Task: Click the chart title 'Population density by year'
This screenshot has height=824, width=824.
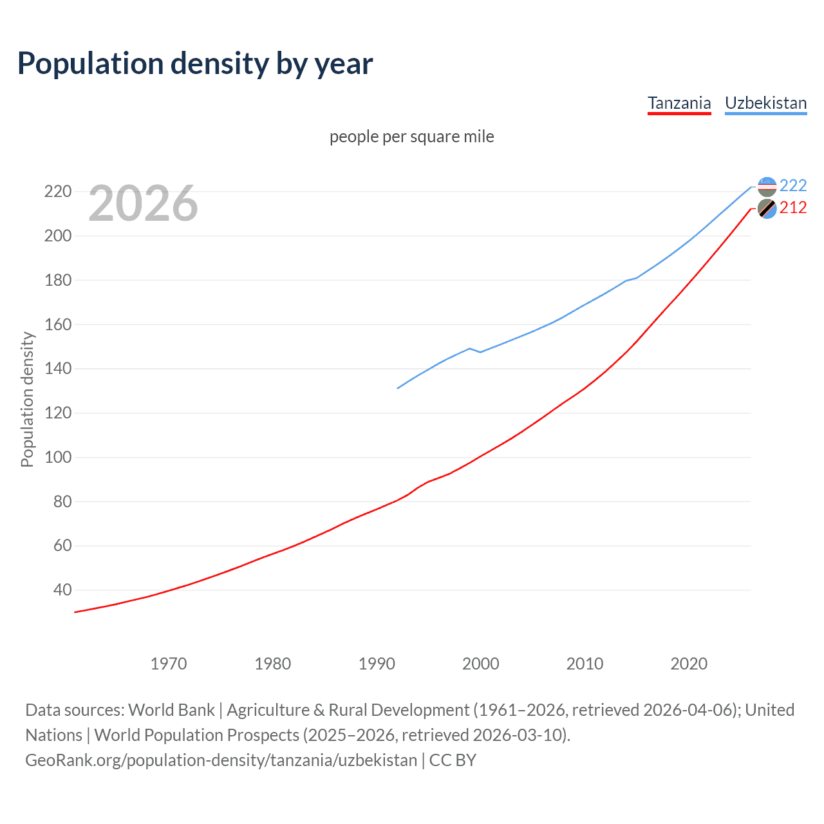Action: (x=195, y=64)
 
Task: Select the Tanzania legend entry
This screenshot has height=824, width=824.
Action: (x=679, y=103)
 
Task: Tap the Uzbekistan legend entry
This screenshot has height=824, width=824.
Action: (x=765, y=103)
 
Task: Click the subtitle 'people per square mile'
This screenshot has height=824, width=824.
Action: (x=412, y=136)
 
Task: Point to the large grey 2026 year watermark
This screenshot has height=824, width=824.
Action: (x=143, y=203)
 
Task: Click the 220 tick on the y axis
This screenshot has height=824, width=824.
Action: (x=57, y=192)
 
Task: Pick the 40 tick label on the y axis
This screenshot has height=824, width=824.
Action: (x=62, y=590)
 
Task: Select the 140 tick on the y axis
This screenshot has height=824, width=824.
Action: (x=57, y=369)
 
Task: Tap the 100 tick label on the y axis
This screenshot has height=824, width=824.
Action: (x=57, y=457)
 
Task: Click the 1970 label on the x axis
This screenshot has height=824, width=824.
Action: (x=169, y=663)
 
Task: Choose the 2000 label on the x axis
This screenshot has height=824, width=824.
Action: (x=481, y=663)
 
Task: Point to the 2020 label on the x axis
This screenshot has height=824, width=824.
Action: (x=689, y=663)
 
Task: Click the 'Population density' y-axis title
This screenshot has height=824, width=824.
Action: (x=27, y=399)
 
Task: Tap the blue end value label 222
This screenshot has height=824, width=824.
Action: (x=793, y=185)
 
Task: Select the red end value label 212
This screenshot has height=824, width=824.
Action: (x=793, y=208)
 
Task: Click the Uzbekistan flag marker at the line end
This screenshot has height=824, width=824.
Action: (x=767, y=187)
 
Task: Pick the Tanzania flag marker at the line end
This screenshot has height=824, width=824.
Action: (x=767, y=209)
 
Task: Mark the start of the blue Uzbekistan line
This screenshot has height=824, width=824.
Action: (x=398, y=388)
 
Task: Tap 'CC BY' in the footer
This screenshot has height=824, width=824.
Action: (x=453, y=760)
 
